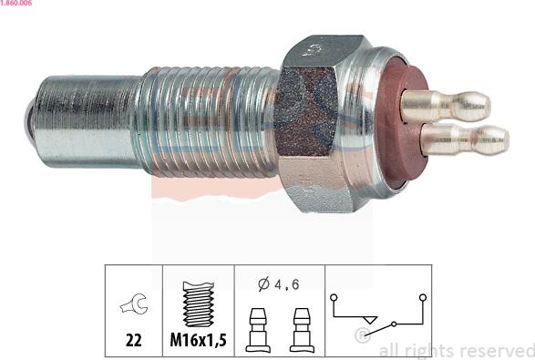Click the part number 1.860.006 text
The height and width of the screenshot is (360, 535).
[x=16, y=3]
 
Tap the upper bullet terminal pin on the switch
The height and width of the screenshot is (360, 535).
[x=446, y=106]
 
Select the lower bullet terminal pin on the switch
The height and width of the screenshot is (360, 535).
[x=465, y=139]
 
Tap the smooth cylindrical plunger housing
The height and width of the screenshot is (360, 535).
[x=87, y=121]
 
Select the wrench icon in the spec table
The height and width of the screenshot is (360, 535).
[x=134, y=303]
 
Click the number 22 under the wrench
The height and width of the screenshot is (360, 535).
[x=133, y=340]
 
